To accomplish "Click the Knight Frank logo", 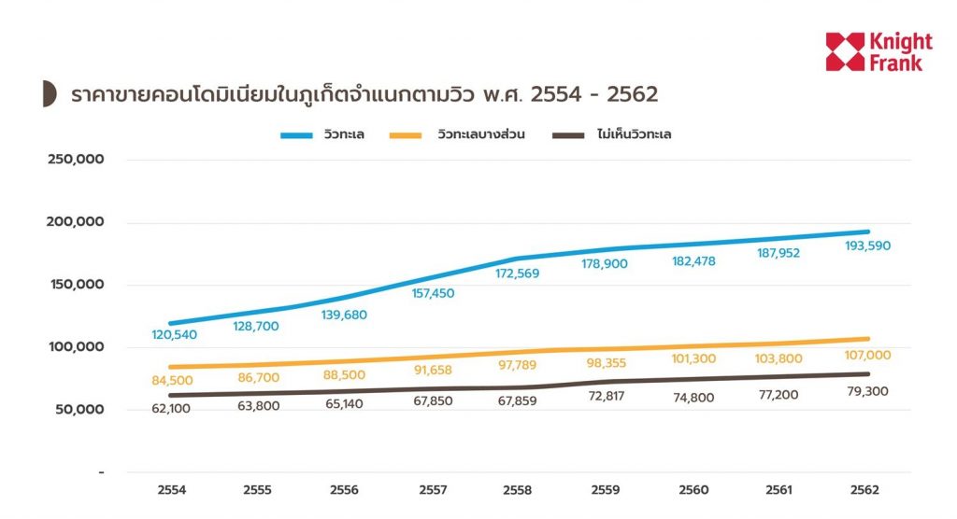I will [878, 51].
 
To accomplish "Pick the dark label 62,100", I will [172, 408].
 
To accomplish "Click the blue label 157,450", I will [433, 293].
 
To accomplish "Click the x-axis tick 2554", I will [172, 490].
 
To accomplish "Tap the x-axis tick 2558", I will [520, 490].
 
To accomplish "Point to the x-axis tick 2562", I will [866, 490].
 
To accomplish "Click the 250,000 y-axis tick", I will [76, 160].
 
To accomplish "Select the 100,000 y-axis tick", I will [76, 347].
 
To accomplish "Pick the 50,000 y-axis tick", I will [79, 410].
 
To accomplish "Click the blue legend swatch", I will [297, 135].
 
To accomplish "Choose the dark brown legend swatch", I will [568, 135].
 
